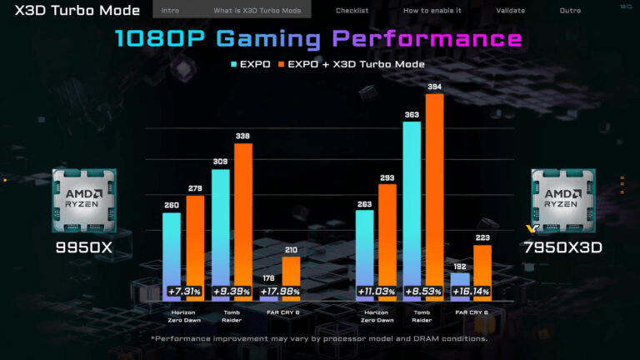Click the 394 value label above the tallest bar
pos(435,87)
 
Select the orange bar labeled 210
pos(291,277)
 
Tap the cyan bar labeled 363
pos(411,208)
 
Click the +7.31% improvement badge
pos(182,292)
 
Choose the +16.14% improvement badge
pos(472,292)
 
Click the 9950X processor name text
pos(84,247)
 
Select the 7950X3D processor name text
pos(562,247)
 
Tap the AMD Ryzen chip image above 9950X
pos(84,200)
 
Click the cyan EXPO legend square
pos(232,64)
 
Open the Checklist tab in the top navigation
pos(352,11)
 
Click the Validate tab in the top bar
pos(510,11)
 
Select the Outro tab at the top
pos(570,11)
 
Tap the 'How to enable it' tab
pos(432,11)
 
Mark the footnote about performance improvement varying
pos(319,338)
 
